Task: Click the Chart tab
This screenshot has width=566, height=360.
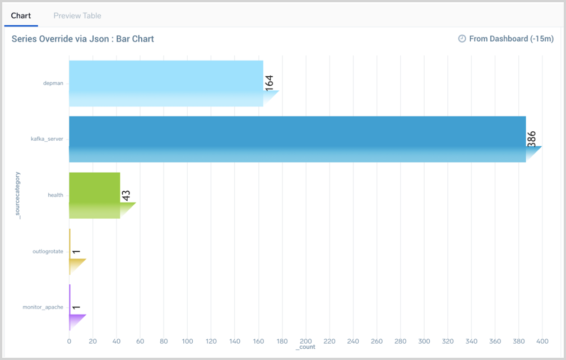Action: (x=21, y=16)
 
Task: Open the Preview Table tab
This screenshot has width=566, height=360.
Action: (x=77, y=16)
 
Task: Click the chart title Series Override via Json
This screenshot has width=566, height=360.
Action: (x=83, y=39)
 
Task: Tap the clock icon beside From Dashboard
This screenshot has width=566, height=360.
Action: (x=462, y=39)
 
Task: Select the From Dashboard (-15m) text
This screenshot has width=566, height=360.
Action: (x=511, y=39)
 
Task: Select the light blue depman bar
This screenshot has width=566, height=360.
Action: (x=166, y=84)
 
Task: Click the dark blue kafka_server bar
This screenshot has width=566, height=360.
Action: (x=297, y=139)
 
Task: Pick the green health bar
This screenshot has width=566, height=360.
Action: (x=94, y=195)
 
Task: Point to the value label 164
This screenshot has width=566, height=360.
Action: (x=270, y=82)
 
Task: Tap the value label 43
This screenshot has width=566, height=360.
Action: (x=127, y=195)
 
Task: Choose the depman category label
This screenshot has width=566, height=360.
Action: (x=53, y=84)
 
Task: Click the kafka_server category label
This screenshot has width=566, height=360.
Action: (x=47, y=139)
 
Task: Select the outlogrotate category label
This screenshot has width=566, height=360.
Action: (x=48, y=251)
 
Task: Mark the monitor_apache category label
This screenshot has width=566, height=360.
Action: (x=43, y=307)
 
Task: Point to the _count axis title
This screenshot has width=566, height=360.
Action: (x=305, y=347)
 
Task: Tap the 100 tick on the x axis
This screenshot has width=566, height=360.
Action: (x=187, y=340)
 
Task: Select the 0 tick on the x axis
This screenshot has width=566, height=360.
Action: (x=69, y=340)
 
